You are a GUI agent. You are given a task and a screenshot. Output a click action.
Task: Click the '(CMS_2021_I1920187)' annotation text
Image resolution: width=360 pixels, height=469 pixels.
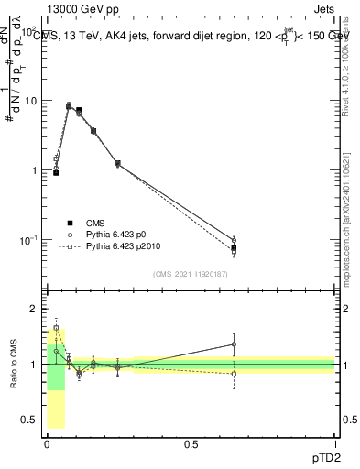[x=191, y=274]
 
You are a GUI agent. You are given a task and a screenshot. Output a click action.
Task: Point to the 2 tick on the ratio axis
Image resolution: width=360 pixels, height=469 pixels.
[x=34, y=309]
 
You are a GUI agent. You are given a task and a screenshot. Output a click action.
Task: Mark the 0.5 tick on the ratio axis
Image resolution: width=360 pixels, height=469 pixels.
[x=30, y=420]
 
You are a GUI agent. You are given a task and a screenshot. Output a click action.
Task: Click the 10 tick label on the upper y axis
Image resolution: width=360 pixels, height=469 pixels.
[x=30, y=101]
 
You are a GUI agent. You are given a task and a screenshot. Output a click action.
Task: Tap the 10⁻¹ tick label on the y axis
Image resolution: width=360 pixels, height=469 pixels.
[x=27, y=240]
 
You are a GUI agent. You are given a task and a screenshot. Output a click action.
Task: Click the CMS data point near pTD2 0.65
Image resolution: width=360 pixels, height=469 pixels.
[x=234, y=248]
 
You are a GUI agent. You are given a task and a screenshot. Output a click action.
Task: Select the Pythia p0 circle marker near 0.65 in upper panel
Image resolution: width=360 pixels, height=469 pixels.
[x=234, y=240]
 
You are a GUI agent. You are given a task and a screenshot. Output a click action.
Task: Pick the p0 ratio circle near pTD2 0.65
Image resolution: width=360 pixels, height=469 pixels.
[x=234, y=344]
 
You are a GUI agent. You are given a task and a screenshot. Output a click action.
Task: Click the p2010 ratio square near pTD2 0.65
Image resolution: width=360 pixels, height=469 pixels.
[x=234, y=374]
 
